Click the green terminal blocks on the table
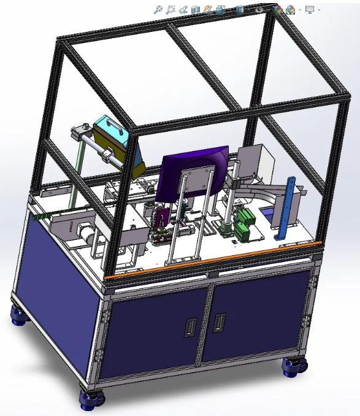coord(245,221)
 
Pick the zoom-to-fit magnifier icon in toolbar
coord(158,10)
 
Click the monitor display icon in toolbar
coord(310,10)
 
